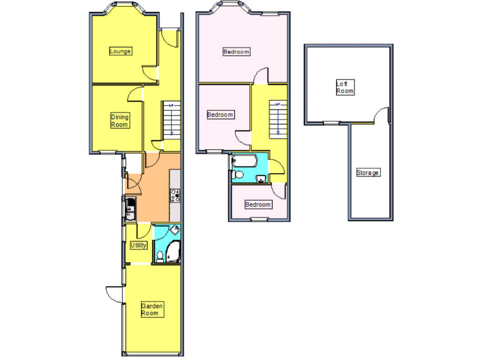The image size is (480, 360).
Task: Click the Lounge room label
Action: tap(120, 51)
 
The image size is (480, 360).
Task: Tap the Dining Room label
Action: tap(120, 121)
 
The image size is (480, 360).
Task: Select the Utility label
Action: tap(138, 246)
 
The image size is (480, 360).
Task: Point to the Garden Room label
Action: tap(152, 309)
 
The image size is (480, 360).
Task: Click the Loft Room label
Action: tap(345, 87)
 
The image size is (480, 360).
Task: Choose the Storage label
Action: tap(367, 172)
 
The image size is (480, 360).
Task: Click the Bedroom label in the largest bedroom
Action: tap(236, 52)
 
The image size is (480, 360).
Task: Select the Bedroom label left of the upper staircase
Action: tap(220, 115)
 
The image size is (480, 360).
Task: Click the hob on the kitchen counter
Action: tap(175, 197)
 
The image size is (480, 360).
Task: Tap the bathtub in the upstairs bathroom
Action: tap(244, 162)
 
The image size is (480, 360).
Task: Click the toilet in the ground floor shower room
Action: tap(160, 256)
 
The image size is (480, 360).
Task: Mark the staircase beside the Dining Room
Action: tap(171, 119)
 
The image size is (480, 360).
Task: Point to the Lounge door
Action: tap(150, 73)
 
